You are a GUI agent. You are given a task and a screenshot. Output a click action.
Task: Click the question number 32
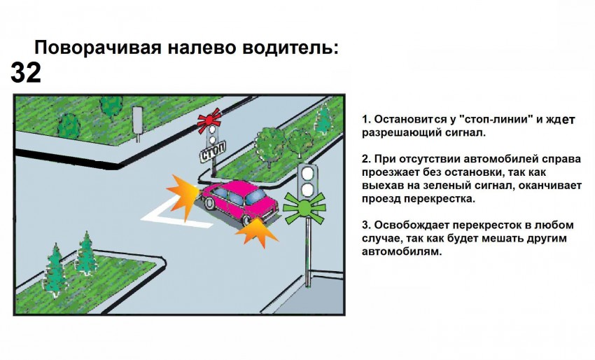[x=26, y=73]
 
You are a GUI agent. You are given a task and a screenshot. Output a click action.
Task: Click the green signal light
[x=304, y=207]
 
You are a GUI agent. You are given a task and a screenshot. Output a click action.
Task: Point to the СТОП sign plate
[x=213, y=152]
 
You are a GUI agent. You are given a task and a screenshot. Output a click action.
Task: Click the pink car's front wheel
[x=209, y=203]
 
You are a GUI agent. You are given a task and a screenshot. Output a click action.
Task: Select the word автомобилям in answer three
[x=402, y=251]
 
